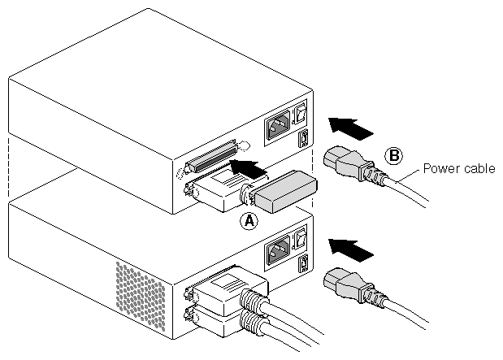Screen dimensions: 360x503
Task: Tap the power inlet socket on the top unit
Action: pos(277,127)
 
